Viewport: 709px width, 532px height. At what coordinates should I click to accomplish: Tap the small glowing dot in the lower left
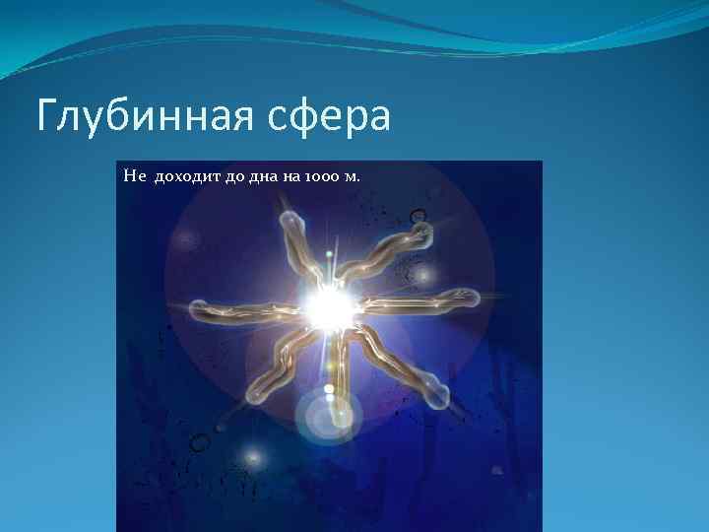pyautogui.click(x=254, y=456)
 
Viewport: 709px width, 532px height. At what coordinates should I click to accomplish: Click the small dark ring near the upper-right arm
pyautogui.click(x=419, y=214)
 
